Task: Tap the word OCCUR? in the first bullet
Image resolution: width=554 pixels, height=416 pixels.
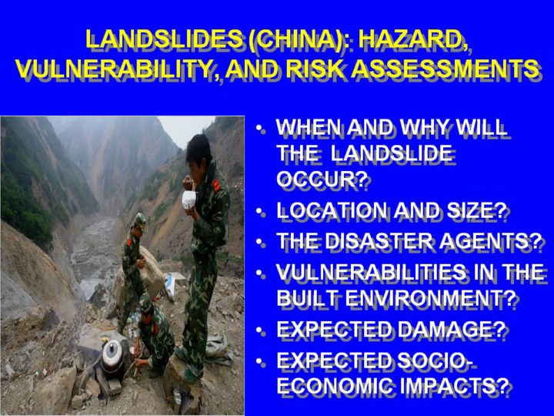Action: click(x=320, y=179)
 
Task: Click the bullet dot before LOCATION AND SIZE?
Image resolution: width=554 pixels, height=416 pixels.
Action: click(x=260, y=212)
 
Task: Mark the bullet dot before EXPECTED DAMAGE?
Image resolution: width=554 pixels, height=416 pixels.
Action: click(x=260, y=330)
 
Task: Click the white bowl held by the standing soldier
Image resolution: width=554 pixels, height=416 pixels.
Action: click(x=189, y=200)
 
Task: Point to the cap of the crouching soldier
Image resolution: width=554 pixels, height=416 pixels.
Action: click(x=145, y=302)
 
